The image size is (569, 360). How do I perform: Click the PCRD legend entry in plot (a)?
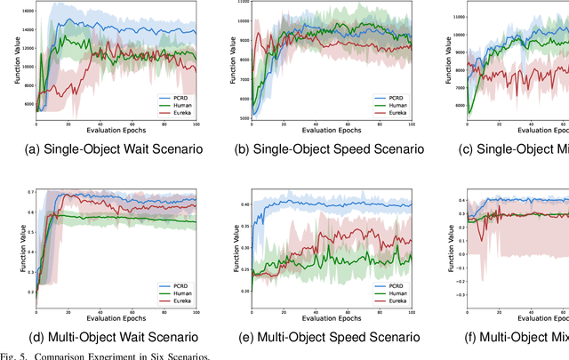click(172, 94)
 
